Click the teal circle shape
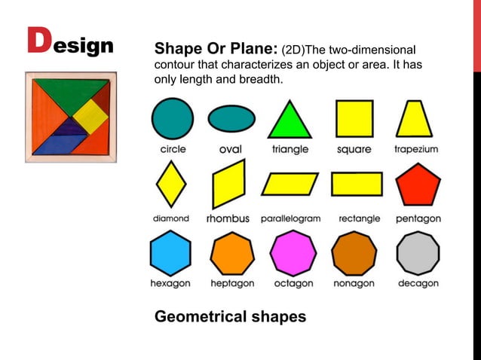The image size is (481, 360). click(172, 119)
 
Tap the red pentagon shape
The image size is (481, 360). click(418, 185)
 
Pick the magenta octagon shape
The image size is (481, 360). click(293, 253)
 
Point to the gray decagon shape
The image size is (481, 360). click(418, 253)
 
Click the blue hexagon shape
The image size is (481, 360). click(170, 253)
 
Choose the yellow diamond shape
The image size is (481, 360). click(170, 185)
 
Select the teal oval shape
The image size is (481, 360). click(231, 119)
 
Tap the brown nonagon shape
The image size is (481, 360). click(354, 253)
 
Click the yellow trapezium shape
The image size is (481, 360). click(414, 119)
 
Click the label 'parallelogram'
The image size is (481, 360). click(291, 218)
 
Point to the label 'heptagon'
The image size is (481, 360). click(232, 284)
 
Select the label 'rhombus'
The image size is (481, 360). click(228, 219)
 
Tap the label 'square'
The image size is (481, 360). click(354, 149)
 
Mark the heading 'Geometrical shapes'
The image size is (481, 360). click(230, 316)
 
